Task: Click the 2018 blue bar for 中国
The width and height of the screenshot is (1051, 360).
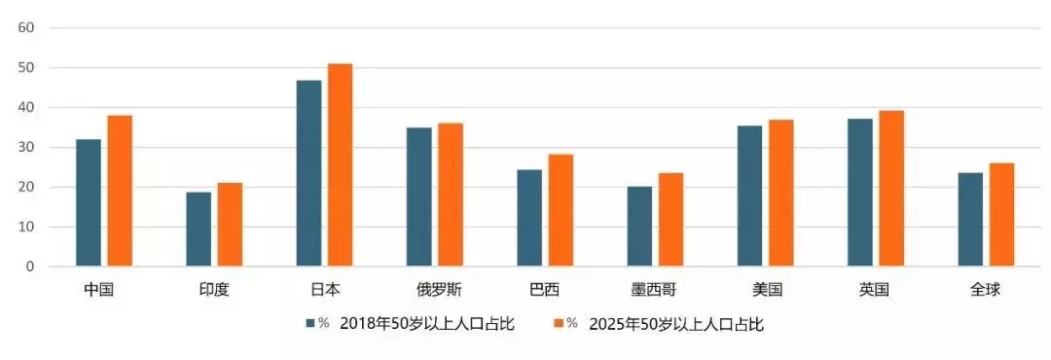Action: pos(89,202)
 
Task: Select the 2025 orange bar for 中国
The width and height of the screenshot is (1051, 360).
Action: pos(120,191)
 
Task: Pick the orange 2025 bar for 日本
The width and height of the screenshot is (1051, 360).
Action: pos(340,164)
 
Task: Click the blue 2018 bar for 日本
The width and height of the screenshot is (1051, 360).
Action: pos(308,173)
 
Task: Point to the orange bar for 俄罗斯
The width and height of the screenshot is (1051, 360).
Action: pos(450,195)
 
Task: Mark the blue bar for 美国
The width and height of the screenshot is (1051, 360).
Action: pos(749,196)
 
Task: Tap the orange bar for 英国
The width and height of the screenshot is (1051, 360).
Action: pos(891,188)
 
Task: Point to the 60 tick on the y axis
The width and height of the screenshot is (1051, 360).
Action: pos(26,27)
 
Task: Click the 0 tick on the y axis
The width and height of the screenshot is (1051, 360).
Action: pos(30,266)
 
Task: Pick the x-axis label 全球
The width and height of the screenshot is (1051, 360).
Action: pos(986,290)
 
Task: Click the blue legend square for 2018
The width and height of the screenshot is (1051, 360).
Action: pos(310,324)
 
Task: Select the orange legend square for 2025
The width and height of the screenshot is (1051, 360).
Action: pos(559,324)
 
